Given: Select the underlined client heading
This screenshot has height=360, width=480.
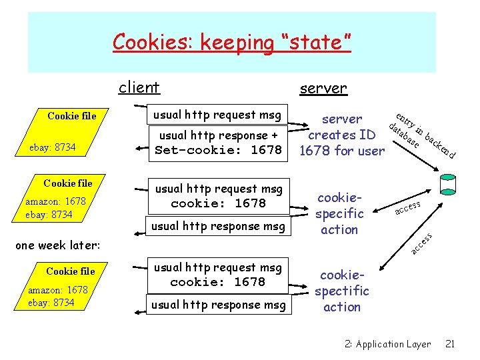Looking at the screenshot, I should (139, 87).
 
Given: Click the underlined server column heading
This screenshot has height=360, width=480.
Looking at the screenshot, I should (323, 88).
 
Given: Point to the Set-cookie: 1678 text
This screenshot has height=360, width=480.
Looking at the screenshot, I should (218, 150).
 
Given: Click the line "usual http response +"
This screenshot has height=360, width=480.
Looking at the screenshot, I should (217, 135).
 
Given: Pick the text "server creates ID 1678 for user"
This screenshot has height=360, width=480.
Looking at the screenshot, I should (342, 135).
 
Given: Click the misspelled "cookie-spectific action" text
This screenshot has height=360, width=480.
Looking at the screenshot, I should (342, 291).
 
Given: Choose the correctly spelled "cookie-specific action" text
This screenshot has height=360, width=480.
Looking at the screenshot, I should (339, 213).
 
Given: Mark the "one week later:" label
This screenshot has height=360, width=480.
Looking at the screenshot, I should (57, 245).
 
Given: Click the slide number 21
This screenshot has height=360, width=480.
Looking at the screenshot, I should (450, 344).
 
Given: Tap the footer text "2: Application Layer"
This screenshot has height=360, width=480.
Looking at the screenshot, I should (387, 344).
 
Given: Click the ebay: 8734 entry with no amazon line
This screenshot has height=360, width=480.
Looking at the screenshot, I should (52, 147).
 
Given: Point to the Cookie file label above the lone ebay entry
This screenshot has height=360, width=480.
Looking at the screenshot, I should (71, 116).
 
